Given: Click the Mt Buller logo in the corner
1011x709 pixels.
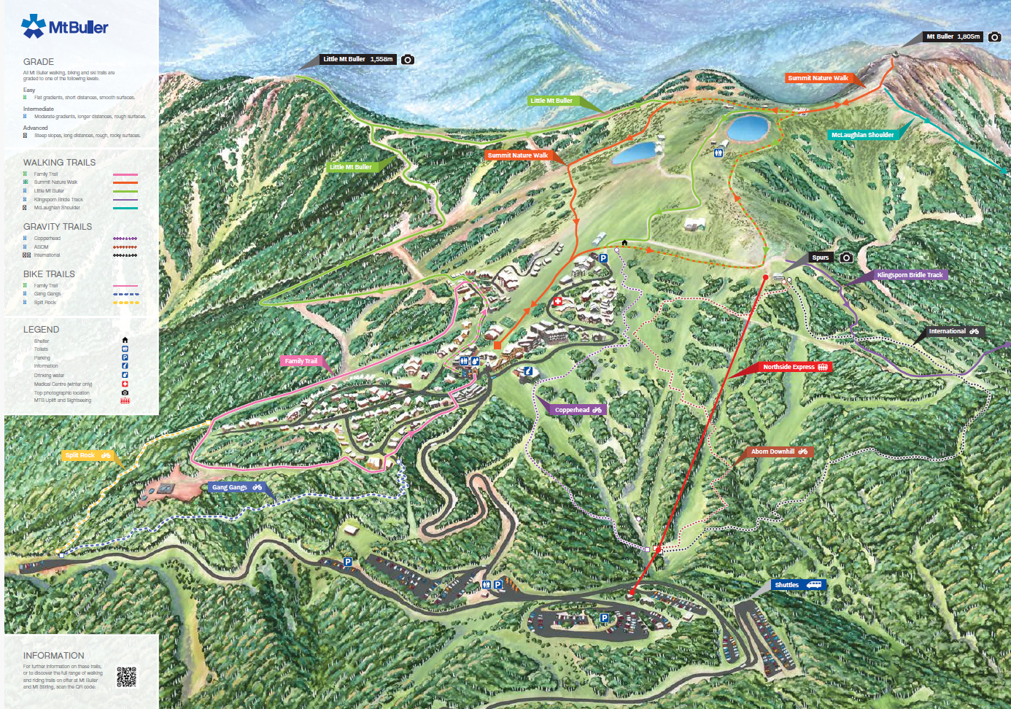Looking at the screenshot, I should pos(64,27).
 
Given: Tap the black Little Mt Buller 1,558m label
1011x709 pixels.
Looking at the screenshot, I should pos(358,59).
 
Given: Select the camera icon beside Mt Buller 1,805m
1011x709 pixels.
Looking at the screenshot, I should pos(995,36).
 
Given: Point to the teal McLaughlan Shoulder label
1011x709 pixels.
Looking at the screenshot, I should pos(862,135).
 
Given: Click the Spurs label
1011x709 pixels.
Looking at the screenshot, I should pos(821,257).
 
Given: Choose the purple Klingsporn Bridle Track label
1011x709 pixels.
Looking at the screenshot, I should pos(910,275).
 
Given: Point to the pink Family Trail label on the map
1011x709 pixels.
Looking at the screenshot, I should pos(301,361).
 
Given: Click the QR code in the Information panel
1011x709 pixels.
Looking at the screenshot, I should pos(126,677).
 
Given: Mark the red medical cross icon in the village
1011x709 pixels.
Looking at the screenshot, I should pos(558,301).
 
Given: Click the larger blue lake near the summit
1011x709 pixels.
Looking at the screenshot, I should pos(748,127).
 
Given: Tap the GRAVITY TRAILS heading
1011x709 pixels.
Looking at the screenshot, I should pos(58,227).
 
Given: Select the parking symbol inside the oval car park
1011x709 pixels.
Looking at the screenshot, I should pos(604,618).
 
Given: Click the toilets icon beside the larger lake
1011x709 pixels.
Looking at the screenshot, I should pos(718,152).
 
